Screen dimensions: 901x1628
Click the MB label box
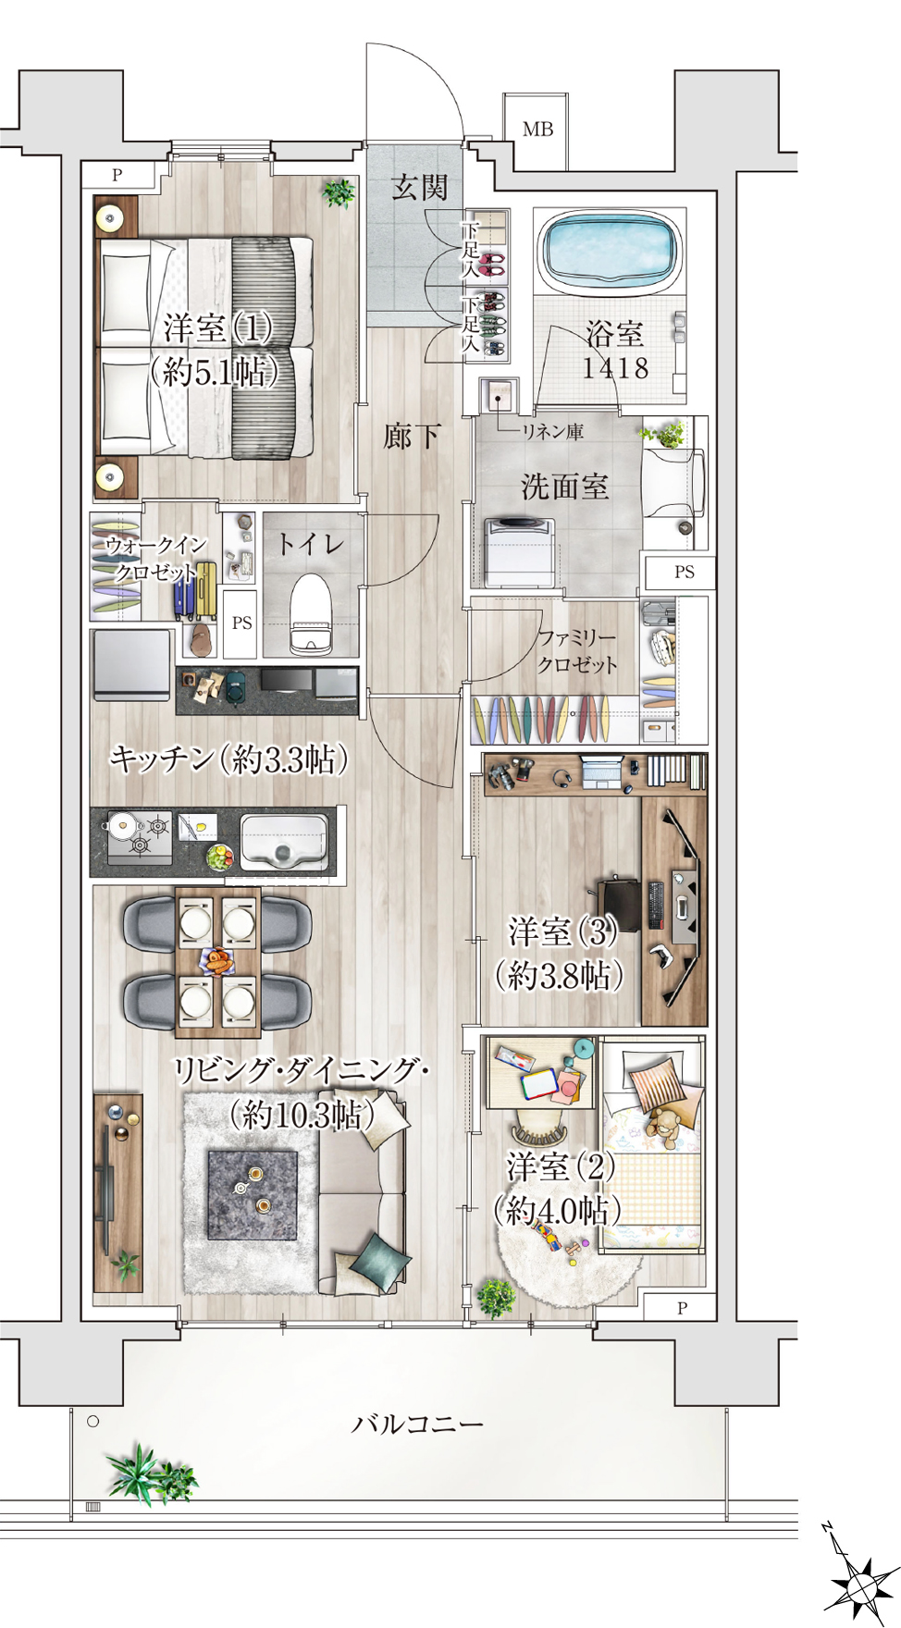pos(537,129)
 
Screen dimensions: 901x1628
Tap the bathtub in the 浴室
pos(609,250)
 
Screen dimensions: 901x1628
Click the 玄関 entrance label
pos(420,188)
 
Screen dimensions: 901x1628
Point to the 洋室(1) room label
pos(218,328)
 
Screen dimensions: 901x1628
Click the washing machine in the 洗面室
pos(520,552)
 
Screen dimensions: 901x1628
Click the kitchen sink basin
pos(284,842)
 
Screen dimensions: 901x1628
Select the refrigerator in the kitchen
pos(132,666)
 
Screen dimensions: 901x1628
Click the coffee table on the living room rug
pos(252,1194)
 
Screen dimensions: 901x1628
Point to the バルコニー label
pos(417,1423)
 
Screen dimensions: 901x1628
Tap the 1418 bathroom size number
pos(615,368)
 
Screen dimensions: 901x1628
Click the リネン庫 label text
pos(552,431)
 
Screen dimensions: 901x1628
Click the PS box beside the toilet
pos(241,623)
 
